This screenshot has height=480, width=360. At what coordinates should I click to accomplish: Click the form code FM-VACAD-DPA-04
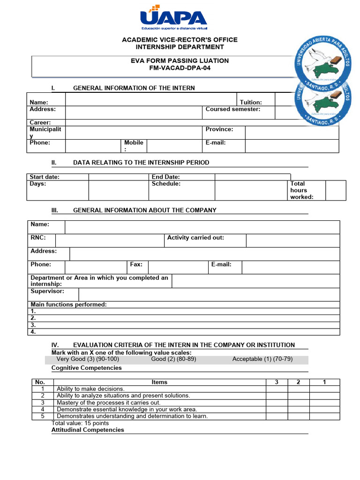pyautogui.click(x=180, y=68)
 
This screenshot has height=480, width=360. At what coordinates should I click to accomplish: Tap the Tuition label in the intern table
pyautogui.click(x=251, y=102)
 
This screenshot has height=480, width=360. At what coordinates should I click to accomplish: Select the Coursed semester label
pyautogui.click(x=232, y=109)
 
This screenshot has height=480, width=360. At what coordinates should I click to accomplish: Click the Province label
pyautogui.click(x=219, y=129)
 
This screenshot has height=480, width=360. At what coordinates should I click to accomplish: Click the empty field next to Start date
pyautogui.click(x=118, y=177)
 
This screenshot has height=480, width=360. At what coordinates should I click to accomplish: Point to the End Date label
pyautogui.click(x=165, y=177)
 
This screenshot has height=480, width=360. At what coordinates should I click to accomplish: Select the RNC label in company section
pyautogui.click(x=38, y=238)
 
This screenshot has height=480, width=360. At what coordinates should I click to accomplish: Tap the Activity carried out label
pyautogui.click(x=195, y=238)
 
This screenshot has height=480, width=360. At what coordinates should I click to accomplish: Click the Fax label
pyautogui.click(x=136, y=264)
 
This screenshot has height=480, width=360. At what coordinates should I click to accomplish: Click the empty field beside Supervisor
pyautogui.click(x=209, y=294)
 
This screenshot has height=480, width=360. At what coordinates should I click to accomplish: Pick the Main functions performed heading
pyautogui.click(x=68, y=305)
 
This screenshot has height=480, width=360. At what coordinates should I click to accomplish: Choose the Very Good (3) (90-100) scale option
pyautogui.click(x=88, y=359)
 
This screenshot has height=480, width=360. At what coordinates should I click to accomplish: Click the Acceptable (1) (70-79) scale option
pyautogui.click(x=262, y=359)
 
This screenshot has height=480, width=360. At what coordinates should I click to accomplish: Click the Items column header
pyautogui.click(x=159, y=382)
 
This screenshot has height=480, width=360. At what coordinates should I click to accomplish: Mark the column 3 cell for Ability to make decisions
pyautogui.click(x=277, y=389)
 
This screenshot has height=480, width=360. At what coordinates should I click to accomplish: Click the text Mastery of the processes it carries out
pyautogui.click(x=108, y=403)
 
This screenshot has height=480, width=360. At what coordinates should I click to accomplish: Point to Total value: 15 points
pyautogui.click(x=80, y=423)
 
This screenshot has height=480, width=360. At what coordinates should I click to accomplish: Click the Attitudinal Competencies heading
pyautogui.click(x=88, y=430)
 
